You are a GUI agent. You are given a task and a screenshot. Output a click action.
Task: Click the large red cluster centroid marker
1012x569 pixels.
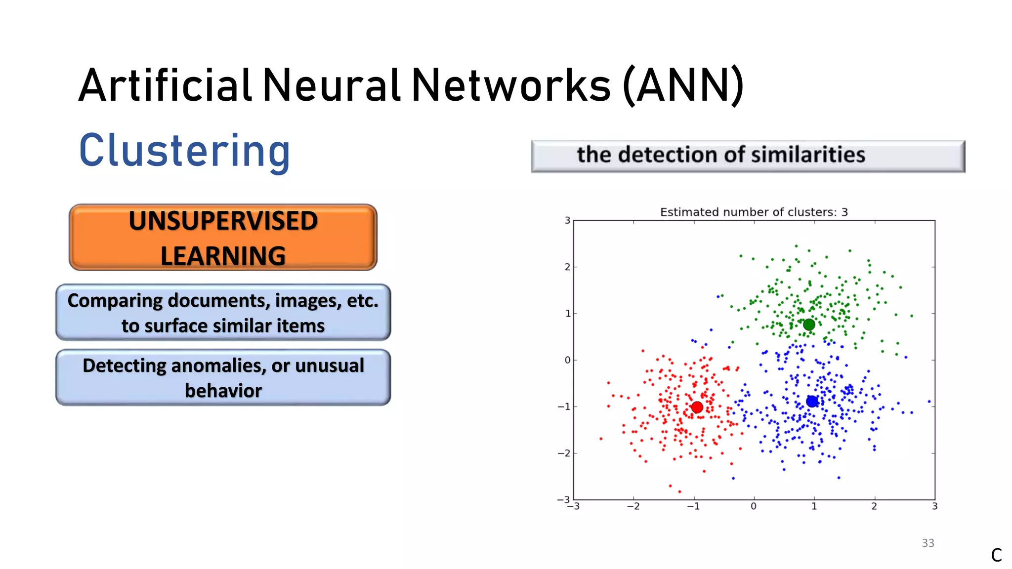click(697, 407)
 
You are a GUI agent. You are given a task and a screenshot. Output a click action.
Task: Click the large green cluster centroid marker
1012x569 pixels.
click(809, 325)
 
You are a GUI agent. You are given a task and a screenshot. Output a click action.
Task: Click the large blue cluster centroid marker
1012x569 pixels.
click(812, 401)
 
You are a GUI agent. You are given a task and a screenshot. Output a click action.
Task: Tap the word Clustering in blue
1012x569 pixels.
click(184, 151)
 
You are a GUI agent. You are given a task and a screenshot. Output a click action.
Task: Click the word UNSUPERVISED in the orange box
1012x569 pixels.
click(223, 221)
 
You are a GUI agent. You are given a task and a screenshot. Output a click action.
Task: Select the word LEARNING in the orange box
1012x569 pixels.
click(223, 256)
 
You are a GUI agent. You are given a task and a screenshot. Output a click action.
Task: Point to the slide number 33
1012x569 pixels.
click(928, 543)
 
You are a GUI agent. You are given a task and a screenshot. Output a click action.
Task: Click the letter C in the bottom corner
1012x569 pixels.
click(996, 555)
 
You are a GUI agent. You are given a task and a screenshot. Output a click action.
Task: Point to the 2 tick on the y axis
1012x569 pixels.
click(567, 267)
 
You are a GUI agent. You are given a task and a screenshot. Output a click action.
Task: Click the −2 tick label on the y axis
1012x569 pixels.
click(564, 453)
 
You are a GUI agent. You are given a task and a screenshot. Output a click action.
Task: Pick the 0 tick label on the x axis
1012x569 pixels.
click(753, 506)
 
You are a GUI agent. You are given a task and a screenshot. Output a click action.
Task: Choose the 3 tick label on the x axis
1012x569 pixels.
click(934, 506)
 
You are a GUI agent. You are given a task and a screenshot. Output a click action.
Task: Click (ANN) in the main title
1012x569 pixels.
click(683, 85)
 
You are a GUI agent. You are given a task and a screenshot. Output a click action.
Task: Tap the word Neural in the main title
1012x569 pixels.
click(331, 85)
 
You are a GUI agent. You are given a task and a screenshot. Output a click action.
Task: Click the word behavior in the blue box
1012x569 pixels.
click(223, 391)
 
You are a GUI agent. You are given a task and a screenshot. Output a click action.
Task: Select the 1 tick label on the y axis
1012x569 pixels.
click(568, 313)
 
